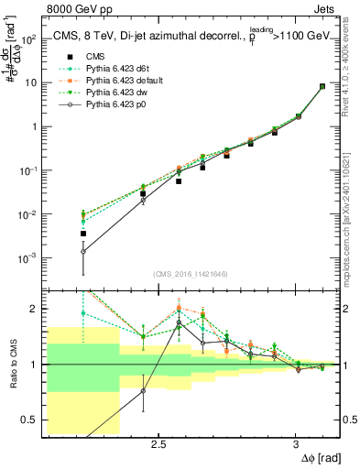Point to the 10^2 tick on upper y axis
[x=29, y=39]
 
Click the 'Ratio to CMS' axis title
[x=11, y=361]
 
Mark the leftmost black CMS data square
[x=83, y=234]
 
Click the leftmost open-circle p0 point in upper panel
[x=83, y=251]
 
